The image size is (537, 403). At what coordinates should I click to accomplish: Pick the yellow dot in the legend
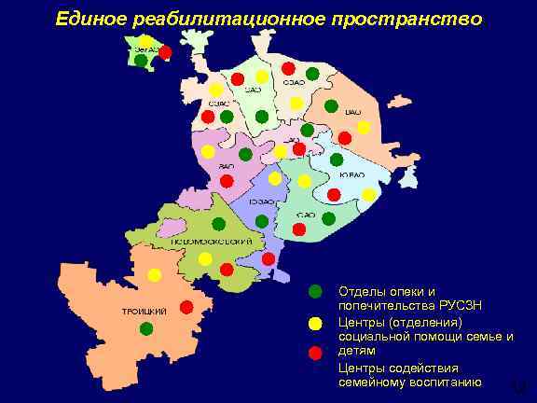(x=315, y=323)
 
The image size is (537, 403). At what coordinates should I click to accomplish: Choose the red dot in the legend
(x=315, y=353)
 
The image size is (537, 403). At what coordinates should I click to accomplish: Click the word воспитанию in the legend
(x=446, y=382)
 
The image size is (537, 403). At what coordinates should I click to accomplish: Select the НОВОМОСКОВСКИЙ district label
(x=212, y=241)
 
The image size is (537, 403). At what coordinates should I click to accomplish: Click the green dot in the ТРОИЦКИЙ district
(x=145, y=327)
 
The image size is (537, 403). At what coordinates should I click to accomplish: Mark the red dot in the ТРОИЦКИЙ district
(x=186, y=307)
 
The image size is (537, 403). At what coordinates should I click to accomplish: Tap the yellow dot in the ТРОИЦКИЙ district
(x=154, y=274)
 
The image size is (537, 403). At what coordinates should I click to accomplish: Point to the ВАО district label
(x=353, y=111)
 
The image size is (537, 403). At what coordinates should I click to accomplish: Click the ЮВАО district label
(x=351, y=174)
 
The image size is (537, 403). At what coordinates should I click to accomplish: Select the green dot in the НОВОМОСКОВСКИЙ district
(x=218, y=224)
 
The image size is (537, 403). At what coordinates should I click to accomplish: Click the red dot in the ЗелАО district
(x=165, y=52)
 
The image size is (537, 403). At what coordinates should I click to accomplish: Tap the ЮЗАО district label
(x=262, y=201)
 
